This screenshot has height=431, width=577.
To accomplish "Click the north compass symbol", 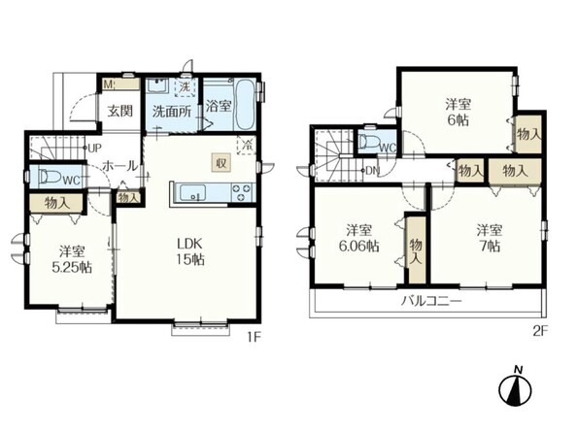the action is pos(516,386).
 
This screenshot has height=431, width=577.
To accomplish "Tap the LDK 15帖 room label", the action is pos(189,251).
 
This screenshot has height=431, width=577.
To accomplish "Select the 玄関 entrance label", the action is pos(119,111).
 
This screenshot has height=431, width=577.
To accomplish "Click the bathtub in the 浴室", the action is pos(244,104).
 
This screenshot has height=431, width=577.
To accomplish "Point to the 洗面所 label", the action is pos(172,112).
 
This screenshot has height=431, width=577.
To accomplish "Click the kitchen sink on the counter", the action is pos(192,193).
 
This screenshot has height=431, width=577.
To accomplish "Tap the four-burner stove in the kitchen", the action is pos(241,193).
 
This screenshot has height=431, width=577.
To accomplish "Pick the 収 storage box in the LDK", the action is pos(221,162).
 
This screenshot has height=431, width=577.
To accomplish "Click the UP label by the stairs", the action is pos(94,149).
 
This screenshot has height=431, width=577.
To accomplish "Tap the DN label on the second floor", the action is pos(372,170).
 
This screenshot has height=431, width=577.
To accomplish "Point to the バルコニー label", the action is pos(431,302).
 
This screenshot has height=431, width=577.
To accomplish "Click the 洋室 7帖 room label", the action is pos(489,238).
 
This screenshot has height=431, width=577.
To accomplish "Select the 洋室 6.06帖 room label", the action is pos(358,238).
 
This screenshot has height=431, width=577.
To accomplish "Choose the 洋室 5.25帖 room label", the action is pos(72,259).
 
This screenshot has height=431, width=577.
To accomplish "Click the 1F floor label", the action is pos(254,337).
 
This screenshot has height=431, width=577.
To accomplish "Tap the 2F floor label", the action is pos(540,331).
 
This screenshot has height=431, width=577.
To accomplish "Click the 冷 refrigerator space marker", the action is pos(246,145).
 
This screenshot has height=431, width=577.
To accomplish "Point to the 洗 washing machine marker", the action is pos(186,87).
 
